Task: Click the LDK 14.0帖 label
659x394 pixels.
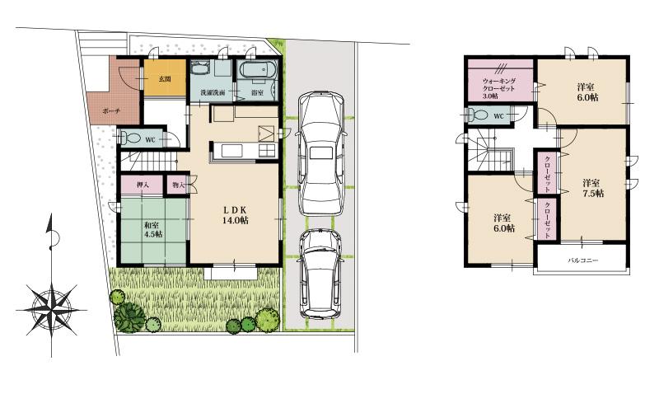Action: coord(236,215)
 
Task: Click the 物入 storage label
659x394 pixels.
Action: coord(178,186)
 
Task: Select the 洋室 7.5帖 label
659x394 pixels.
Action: coord(591,187)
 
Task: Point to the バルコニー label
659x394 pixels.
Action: coord(582,260)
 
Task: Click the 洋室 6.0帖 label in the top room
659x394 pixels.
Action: coord(587,91)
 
